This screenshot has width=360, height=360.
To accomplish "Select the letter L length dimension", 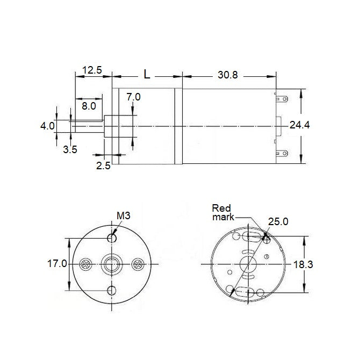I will click(147, 74).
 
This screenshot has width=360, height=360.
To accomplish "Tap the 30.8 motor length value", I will click(227, 75).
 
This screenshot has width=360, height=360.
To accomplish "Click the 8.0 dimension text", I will click(89, 106).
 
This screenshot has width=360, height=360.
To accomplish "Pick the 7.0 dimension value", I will click(133, 97).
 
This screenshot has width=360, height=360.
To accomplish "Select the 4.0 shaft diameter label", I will click(47, 126).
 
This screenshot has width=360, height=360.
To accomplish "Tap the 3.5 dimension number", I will click(70, 150).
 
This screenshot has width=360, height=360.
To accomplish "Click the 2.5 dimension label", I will click(103, 166).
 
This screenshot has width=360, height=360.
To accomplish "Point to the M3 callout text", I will click(124, 216).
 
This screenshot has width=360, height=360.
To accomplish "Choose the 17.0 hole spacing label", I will click(56, 264).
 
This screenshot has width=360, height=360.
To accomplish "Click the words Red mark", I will click(222, 212).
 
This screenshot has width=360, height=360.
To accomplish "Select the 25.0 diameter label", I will click(278, 221).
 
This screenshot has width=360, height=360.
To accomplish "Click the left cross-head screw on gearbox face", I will click(85, 264).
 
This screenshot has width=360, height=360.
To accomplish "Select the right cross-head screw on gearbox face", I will click(138, 264).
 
